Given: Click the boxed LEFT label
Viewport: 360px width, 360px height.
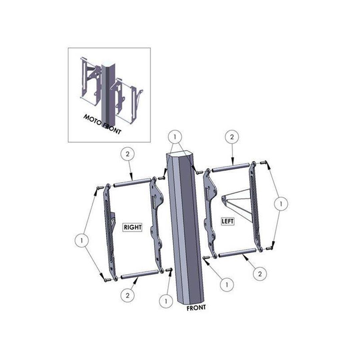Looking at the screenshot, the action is [x=228, y=221].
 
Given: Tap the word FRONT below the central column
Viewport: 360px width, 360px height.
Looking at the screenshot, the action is [x=196, y=308].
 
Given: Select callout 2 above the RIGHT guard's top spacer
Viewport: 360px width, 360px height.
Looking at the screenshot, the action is [x=127, y=154].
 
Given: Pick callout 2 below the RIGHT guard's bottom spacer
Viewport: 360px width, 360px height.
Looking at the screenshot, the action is [x=127, y=295].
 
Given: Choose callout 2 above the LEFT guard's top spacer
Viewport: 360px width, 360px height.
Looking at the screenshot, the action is [x=232, y=137].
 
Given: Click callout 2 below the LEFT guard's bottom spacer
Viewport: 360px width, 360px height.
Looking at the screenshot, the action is [x=260, y=274].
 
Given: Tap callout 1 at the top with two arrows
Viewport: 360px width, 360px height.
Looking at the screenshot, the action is [x=175, y=137].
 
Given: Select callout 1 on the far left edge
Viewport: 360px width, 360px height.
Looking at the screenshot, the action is [x=82, y=241].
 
